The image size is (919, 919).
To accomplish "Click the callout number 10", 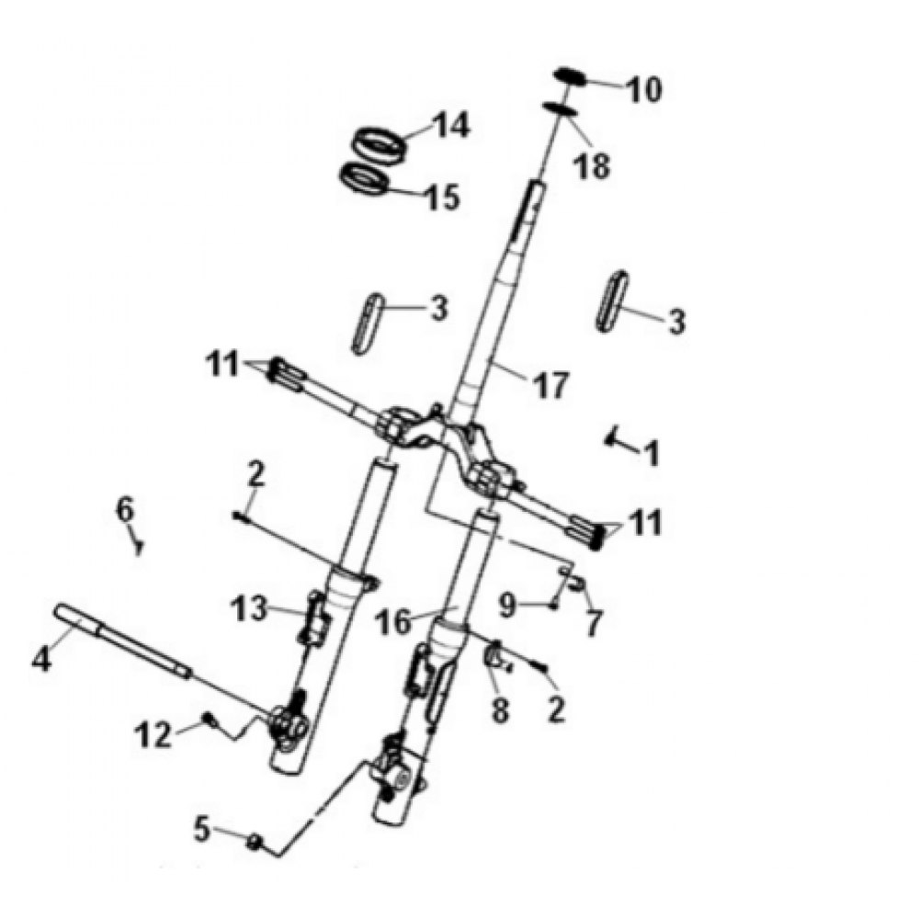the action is click(643, 90).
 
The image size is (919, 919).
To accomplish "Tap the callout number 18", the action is click(592, 165).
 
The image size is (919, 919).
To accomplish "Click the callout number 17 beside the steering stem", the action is click(550, 385).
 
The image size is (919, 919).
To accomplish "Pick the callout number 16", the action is click(393, 622).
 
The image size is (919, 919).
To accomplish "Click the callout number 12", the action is click(153, 734).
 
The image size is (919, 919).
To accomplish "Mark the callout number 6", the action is click(125, 509).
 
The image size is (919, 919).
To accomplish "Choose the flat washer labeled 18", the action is click(562, 109).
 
